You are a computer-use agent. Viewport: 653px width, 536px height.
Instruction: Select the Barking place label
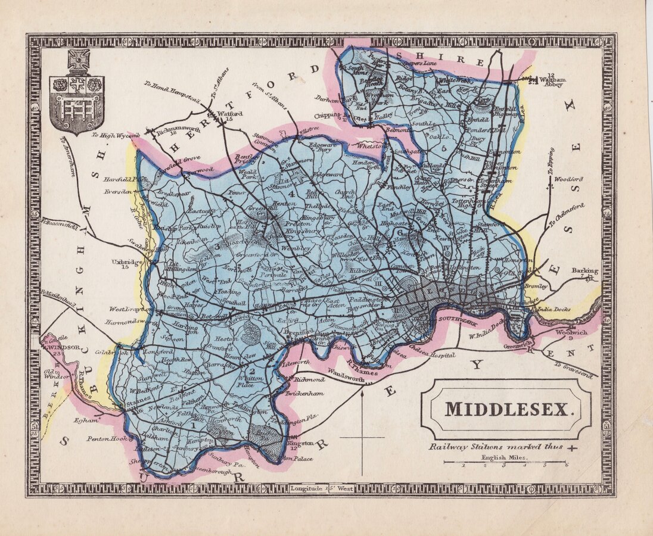pyautogui.click(x=584, y=271)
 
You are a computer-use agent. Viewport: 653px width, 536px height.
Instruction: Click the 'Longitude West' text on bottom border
pyautogui.click(x=322, y=488)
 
